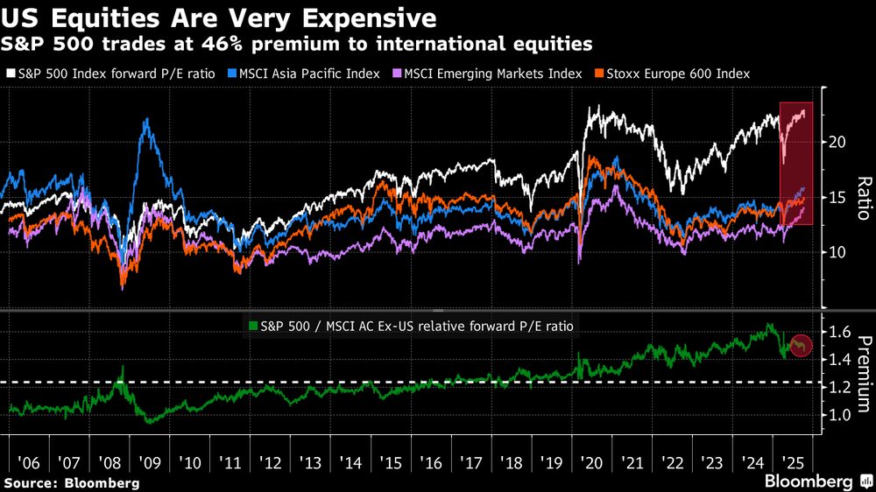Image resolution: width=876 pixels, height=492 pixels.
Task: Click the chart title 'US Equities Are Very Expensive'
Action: click(x=219, y=17)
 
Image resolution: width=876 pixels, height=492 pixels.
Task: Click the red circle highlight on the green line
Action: click(x=802, y=346)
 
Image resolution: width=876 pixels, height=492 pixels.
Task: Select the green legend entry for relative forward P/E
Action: click(x=413, y=325)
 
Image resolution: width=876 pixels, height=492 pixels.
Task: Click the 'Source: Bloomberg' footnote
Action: click(x=72, y=482)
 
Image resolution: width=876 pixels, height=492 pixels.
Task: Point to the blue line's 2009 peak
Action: click(x=145, y=120)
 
